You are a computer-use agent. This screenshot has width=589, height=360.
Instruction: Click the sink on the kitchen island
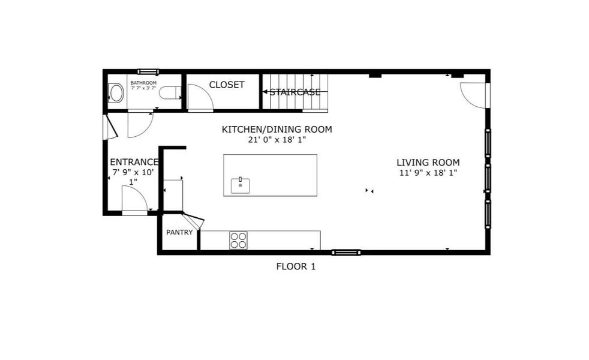[241, 184]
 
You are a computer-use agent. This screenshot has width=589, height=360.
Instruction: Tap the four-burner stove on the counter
[238, 240]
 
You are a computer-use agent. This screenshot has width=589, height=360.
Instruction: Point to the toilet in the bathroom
[170, 93]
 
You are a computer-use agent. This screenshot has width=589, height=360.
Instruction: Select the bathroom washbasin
[116, 93]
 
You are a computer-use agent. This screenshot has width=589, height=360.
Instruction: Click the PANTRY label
[179, 232]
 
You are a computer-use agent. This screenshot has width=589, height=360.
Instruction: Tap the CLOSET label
[227, 85]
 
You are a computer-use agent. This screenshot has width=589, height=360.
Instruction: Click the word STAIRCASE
[294, 92]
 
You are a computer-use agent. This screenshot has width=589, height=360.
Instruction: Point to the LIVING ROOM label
[428, 162]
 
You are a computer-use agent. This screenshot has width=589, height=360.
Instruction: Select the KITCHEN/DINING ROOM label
[277, 129]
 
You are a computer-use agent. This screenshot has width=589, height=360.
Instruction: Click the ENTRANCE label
[134, 162]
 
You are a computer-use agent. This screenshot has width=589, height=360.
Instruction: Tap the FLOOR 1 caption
[296, 266]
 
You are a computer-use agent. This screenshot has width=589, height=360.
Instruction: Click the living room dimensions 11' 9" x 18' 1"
[428, 173]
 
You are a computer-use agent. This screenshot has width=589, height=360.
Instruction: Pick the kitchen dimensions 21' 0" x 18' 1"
[277, 140]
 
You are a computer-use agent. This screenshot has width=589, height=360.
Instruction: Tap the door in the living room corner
[474, 95]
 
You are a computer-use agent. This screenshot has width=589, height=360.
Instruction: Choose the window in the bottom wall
[346, 252]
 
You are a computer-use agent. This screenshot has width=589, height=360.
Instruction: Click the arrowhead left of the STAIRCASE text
[265, 92]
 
